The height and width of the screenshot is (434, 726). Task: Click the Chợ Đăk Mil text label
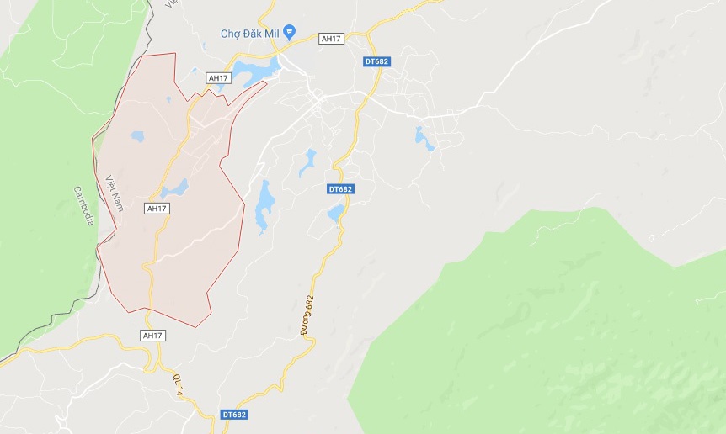pos(250,33)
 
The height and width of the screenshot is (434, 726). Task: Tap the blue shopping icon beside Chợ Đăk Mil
pos(290,32)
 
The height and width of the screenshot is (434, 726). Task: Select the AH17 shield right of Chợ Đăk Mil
pos(330,38)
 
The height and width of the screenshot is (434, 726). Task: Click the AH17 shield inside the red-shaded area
pos(157,208)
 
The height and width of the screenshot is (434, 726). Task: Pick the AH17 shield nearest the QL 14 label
pos(152,336)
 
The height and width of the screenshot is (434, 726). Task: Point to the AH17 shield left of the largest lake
pos(218,78)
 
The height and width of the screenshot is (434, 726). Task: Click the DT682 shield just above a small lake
pos(340,189)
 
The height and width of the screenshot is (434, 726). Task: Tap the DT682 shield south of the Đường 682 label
pos(236,415)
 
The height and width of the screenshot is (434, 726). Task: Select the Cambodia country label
pos(83,206)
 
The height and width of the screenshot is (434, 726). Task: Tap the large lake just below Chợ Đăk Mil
pos(256,71)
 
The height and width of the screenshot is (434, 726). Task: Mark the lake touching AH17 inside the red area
pos(175,188)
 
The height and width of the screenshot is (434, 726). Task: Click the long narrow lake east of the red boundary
pos(264,205)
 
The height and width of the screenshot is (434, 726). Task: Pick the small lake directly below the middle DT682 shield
pos(336,213)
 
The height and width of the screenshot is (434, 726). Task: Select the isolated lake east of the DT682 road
pos(423,139)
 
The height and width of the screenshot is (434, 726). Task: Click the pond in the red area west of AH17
pos(136,135)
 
